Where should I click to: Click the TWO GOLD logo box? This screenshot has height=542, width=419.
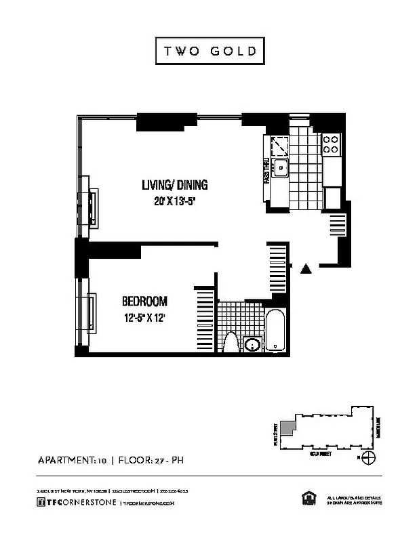pyautogui.click(x=209, y=51)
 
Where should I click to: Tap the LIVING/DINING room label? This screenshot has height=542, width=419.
pyautogui.click(x=174, y=185)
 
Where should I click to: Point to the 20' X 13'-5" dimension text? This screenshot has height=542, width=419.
pyautogui.click(x=174, y=201)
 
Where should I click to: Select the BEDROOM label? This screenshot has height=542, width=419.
pyautogui.click(x=144, y=301)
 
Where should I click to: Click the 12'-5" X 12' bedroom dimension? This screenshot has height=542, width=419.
pyautogui.click(x=144, y=317)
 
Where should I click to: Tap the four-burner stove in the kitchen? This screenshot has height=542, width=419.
pyautogui.click(x=331, y=143)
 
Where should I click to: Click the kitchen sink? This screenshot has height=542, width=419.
pyautogui.click(x=279, y=167)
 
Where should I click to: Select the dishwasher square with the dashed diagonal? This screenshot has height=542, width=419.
pyautogui.click(x=279, y=145)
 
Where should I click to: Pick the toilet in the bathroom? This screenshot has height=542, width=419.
pyautogui.click(x=231, y=341)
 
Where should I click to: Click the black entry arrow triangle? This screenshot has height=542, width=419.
pyautogui.click(x=306, y=269)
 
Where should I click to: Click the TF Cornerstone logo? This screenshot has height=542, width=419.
pyautogui.click(x=77, y=502)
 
